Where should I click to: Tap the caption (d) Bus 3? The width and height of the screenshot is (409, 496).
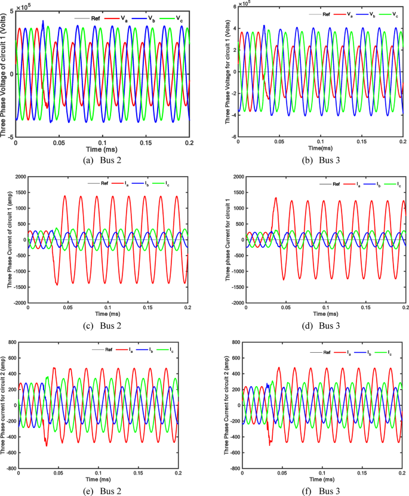322,325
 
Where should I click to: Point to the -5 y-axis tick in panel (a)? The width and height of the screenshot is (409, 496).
10,137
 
